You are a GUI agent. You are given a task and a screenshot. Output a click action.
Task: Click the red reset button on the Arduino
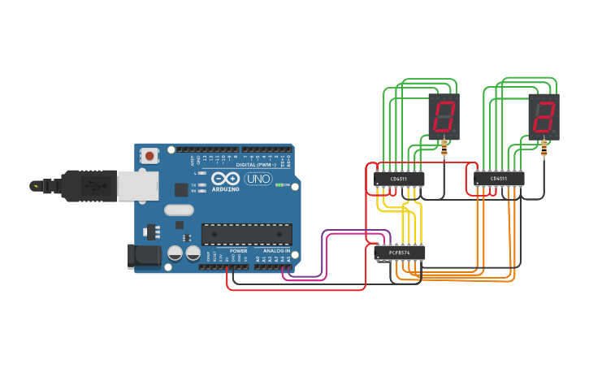(x=150, y=154)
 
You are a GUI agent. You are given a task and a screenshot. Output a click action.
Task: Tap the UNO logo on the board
(x=258, y=179)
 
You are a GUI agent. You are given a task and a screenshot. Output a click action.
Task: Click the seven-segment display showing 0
(x=444, y=117)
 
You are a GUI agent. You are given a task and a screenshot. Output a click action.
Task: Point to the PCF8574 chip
(x=399, y=253)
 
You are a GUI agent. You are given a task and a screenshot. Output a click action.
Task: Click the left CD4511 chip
(x=399, y=179)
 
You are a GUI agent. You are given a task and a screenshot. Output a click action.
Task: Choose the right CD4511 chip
(x=499, y=179)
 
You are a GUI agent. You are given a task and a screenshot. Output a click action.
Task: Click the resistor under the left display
(x=444, y=149)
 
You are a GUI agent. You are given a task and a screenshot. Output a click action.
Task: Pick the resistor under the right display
(x=544, y=149)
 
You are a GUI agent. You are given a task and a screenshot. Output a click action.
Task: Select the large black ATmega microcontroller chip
(x=246, y=234)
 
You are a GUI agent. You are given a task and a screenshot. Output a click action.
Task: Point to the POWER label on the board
(x=238, y=251)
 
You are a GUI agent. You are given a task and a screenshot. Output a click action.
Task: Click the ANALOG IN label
(x=272, y=251)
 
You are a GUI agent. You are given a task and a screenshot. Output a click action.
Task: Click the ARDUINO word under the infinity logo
(x=225, y=189)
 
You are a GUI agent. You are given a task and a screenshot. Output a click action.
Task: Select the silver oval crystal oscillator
(x=180, y=210)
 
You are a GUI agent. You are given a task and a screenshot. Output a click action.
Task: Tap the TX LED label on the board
(x=193, y=185)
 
